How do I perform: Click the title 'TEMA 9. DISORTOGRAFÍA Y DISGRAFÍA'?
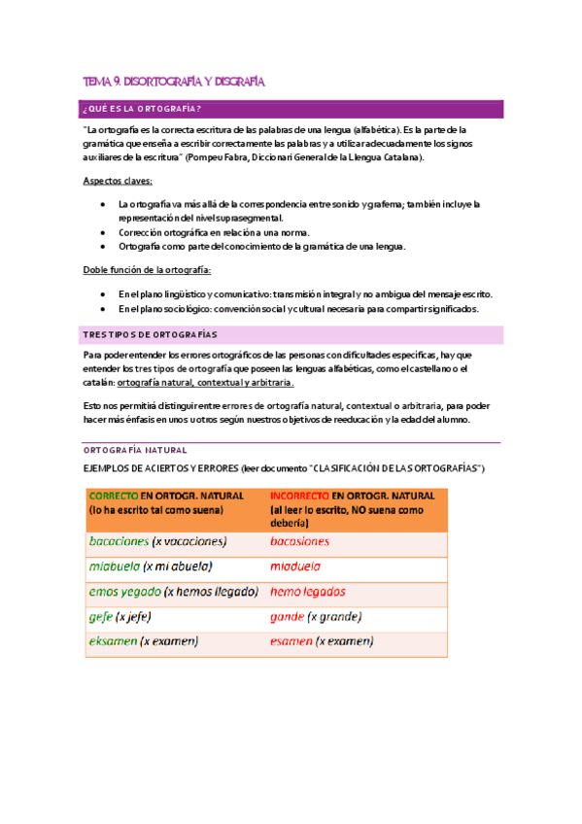[x=173, y=84]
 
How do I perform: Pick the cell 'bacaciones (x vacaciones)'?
[x=156, y=541]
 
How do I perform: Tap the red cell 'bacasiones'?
[x=299, y=541]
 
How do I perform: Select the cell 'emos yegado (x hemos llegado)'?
[x=173, y=591]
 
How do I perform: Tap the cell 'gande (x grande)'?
[x=316, y=616]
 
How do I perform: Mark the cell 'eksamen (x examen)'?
[x=143, y=641]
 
